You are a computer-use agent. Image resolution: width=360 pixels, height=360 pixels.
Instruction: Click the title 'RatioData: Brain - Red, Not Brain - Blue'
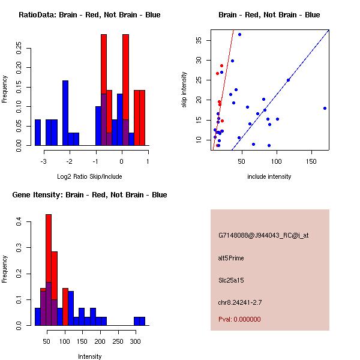click(89, 15)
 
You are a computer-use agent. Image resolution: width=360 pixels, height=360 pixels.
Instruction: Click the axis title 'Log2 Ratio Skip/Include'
click(89, 176)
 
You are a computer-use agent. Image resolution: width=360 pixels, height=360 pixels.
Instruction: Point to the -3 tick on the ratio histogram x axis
click(43, 161)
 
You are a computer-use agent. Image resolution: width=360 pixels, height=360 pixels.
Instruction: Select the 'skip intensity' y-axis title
click(185, 90)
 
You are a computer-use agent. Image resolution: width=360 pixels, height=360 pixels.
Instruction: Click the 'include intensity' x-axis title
click(269, 176)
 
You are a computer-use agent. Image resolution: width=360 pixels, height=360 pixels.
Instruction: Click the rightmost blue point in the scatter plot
click(325, 108)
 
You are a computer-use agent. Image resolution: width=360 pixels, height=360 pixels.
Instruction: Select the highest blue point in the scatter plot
click(239, 35)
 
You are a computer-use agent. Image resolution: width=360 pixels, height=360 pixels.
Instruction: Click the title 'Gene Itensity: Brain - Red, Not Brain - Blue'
click(89, 195)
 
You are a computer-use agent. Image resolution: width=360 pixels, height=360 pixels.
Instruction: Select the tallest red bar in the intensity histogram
click(49, 270)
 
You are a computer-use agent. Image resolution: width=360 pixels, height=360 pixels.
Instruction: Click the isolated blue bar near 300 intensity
click(139, 321)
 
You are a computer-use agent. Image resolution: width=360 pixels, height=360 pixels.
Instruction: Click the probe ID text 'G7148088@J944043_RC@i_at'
click(263, 236)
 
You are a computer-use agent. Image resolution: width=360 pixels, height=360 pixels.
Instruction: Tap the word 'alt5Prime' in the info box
click(231, 258)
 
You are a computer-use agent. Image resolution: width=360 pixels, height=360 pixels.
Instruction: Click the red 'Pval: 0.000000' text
click(239, 319)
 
